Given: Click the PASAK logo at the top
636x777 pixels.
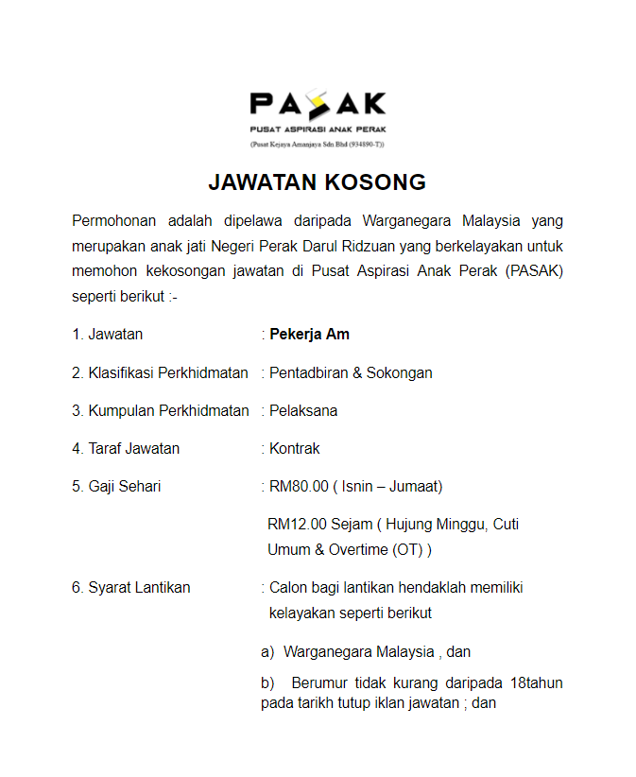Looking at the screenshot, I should [x=318, y=103].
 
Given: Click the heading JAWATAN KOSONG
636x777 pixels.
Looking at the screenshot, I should [x=318, y=181].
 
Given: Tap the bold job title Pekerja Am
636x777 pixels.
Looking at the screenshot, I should [x=309, y=334].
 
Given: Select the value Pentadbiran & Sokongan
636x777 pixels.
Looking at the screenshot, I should [x=351, y=372].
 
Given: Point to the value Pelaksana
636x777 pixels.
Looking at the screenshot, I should [x=303, y=410].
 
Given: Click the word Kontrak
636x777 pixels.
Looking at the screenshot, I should [x=295, y=448].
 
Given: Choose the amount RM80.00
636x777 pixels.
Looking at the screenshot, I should [x=299, y=486].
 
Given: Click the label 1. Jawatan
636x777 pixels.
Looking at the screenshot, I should [x=108, y=334].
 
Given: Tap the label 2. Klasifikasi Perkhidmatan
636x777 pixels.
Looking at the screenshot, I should [x=160, y=372].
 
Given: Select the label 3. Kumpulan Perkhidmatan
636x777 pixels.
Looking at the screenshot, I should [x=160, y=410].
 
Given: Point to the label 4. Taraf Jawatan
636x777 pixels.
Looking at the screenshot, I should [x=126, y=448].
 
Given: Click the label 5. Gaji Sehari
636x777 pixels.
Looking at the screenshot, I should [x=116, y=486].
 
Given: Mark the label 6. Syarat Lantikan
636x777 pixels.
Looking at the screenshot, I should [x=131, y=587].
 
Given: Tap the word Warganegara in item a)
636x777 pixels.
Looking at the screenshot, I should [x=327, y=651].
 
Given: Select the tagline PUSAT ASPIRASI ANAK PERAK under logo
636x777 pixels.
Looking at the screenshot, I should [x=318, y=129].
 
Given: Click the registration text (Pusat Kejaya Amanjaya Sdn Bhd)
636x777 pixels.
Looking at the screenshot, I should [x=318, y=145].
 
